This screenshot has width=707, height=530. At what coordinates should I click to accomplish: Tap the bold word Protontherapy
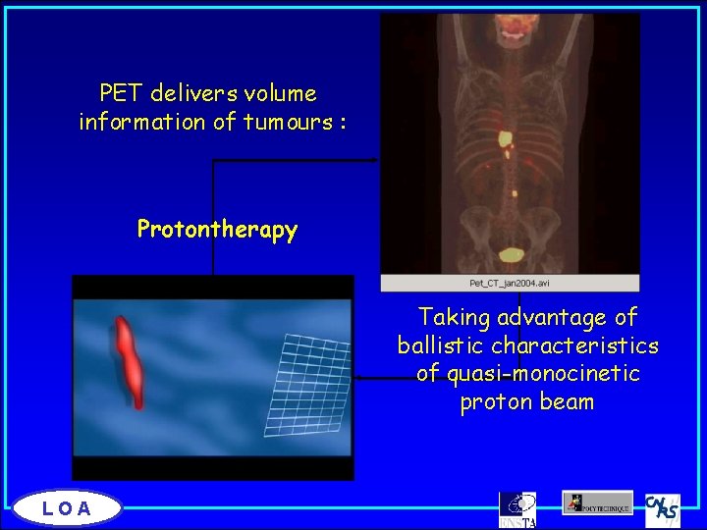(217, 230)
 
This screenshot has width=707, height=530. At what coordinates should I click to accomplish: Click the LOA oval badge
(67, 507)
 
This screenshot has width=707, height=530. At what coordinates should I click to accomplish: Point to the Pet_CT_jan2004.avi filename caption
(510, 283)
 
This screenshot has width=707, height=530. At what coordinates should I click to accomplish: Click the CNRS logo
(663, 509)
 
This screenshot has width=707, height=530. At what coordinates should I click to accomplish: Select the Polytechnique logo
(597, 503)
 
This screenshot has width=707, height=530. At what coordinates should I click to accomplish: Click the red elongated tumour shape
(132, 361)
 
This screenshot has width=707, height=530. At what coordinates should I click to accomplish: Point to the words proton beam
(526, 402)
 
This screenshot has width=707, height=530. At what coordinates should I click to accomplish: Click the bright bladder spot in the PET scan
(511, 256)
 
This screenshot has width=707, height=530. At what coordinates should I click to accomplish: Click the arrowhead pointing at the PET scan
(375, 160)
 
